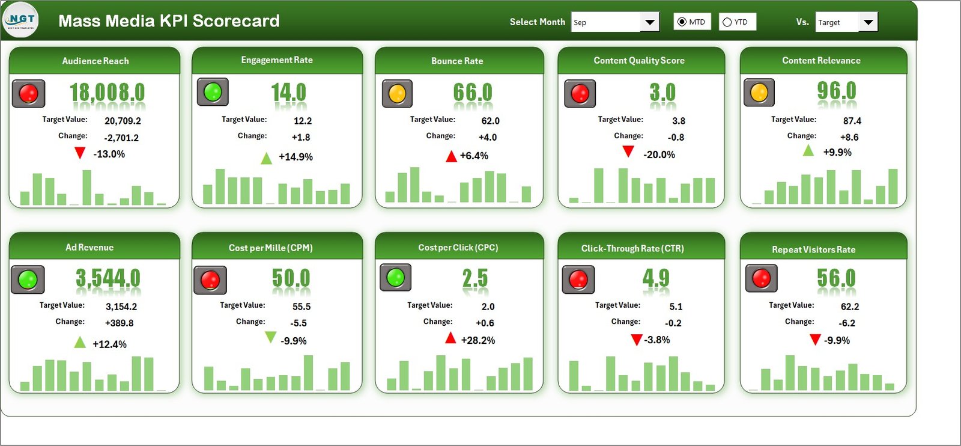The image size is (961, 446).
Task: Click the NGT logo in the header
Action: pyautogui.click(x=21, y=20)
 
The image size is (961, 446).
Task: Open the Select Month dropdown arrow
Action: pyautogui.click(x=649, y=22)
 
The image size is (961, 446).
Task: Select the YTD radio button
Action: pyautogui.click(x=727, y=22)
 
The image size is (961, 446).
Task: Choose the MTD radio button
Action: pyautogui.click(x=682, y=22)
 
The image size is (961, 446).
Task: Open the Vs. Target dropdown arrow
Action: pyautogui.click(x=868, y=22)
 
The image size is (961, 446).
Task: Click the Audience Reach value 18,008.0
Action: pyautogui.click(x=107, y=93)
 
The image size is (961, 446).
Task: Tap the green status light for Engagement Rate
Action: pyautogui.click(x=213, y=92)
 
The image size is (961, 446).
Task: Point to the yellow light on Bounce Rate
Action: pyautogui.click(x=397, y=94)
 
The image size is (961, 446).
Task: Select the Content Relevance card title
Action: pyautogui.click(x=821, y=61)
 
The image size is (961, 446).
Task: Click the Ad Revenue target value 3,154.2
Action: pyautogui.click(x=121, y=307)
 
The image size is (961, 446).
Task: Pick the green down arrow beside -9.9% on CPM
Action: pyautogui.click(x=271, y=338)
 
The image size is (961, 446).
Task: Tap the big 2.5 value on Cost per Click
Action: pyautogui.click(x=474, y=279)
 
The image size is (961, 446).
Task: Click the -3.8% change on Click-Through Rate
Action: pyautogui.click(x=657, y=340)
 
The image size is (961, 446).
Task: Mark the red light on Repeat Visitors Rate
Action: pyautogui.click(x=761, y=278)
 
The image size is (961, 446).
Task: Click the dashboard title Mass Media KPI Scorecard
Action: pyautogui.click(x=169, y=21)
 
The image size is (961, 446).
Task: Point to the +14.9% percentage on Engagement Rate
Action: pyautogui.click(x=296, y=157)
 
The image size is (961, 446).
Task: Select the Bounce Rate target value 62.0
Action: pyautogui.click(x=490, y=121)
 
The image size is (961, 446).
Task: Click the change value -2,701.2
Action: pyautogui.click(x=121, y=138)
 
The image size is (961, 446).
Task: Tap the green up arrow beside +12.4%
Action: pyautogui.click(x=80, y=343)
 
